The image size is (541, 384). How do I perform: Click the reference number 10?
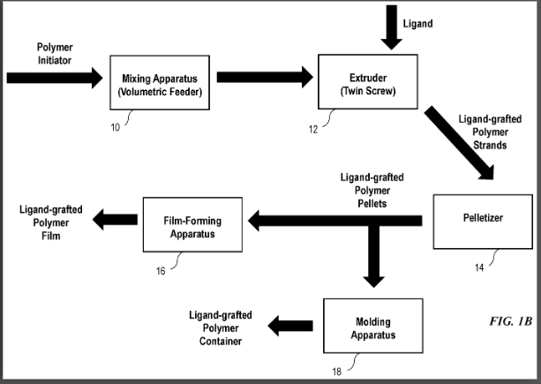(116, 127)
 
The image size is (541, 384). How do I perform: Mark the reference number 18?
(335, 371)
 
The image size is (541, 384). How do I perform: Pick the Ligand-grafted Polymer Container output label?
(220, 328)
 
